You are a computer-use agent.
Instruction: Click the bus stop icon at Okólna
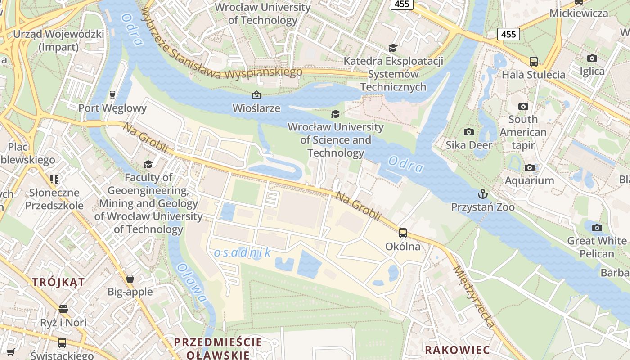tap(403, 233)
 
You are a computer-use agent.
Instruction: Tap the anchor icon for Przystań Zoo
tap(483, 194)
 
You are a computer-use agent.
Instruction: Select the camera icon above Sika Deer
tap(469, 132)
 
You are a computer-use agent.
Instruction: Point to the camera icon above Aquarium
tap(530, 168)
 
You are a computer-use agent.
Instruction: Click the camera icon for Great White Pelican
tap(597, 228)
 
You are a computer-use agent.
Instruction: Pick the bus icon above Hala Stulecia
tap(534, 62)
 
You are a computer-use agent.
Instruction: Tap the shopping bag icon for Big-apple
tap(130, 279)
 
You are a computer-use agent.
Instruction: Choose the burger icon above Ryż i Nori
tap(63, 309)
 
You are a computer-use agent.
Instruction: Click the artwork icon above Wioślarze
tap(256, 95)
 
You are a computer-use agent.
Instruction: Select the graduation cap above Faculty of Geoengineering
tap(148, 164)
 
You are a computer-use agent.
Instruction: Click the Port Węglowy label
tap(112, 108)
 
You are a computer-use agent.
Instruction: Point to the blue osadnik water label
tap(243, 252)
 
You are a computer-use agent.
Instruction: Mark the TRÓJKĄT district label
tap(58, 282)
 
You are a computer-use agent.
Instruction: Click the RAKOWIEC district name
tap(457, 350)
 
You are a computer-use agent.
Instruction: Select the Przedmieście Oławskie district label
tap(218, 348)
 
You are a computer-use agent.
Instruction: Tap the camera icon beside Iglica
tap(592, 58)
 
